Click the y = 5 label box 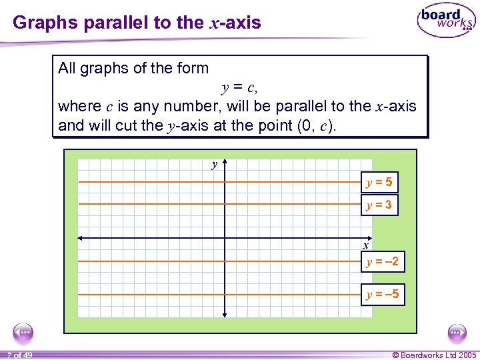pos(379,181)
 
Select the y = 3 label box pos(379,205)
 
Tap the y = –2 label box pos(383,262)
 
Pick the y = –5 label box pos(383,294)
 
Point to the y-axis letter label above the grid pos(214,163)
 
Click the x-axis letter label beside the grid pos(366,245)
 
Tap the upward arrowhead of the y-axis pos(224,161)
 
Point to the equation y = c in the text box pos(239,87)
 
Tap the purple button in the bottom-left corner pos(24,332)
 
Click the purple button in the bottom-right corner pos(457,332)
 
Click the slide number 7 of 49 pos(20,355)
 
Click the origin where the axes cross pos(224,238)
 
